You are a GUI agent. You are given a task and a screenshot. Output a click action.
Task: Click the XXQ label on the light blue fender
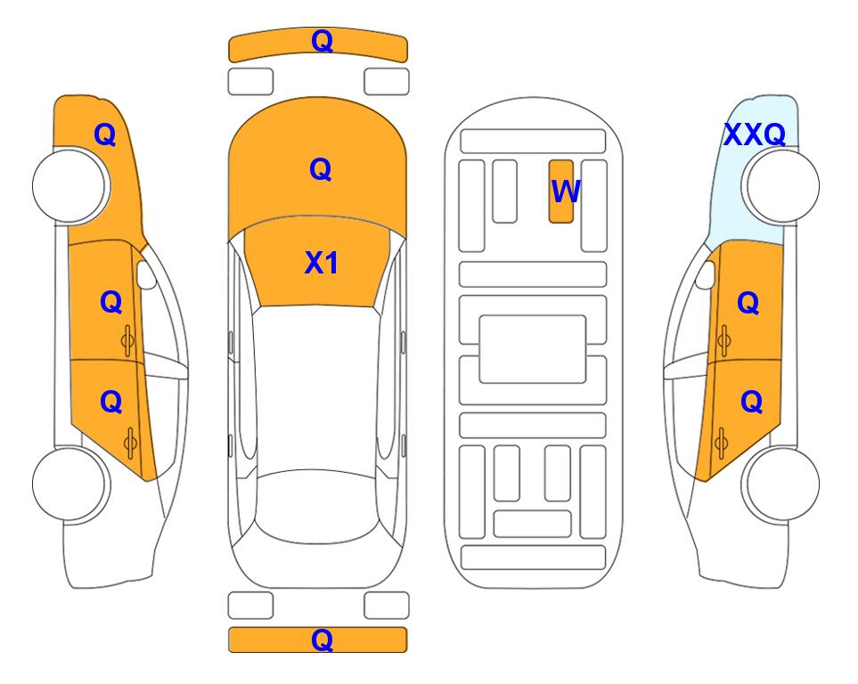click(755, 134)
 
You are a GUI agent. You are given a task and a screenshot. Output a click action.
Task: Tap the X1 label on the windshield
click(322, 263)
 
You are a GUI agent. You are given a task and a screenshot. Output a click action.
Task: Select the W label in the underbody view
click(565, 191)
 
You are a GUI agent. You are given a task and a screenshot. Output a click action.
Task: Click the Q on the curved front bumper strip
click(322, 41)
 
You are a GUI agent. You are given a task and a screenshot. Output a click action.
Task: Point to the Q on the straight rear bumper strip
click(322, 639)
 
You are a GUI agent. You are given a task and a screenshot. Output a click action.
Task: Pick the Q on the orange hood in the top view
click(320, 169)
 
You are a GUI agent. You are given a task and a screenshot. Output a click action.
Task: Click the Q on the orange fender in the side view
click(105, 134)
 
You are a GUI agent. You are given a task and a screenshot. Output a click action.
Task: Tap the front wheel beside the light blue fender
click(780, 186)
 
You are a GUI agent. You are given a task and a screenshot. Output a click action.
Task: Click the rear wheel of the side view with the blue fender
click(780, 484)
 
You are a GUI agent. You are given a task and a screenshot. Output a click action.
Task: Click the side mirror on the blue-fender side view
click(706, 274)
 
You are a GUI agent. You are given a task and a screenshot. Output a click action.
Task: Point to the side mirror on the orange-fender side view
click(146, 274)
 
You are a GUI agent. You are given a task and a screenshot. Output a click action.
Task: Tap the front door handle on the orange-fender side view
click(128, 341)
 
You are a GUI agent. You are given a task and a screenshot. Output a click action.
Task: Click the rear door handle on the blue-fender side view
click(721, 443)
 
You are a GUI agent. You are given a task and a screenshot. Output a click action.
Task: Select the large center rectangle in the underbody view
click(533, 349)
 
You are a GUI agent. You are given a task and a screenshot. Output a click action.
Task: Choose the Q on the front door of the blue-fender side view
click(748, 303)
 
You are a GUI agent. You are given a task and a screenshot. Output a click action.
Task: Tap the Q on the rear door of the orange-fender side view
click(111, 403)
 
